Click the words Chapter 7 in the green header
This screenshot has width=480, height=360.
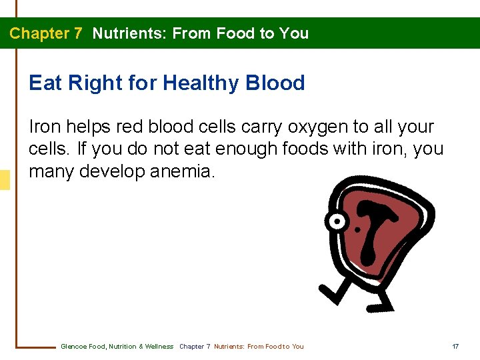click(x=45, y=33)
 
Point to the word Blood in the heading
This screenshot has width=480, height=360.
click(x=275, y=83)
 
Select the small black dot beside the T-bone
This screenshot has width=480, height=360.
click(x=358, y=231)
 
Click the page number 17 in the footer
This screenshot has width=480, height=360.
click(x=455, y=347)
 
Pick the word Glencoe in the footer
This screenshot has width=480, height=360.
click(x=73, y=347)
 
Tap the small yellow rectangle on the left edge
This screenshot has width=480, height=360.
click(x=5, y=180)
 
